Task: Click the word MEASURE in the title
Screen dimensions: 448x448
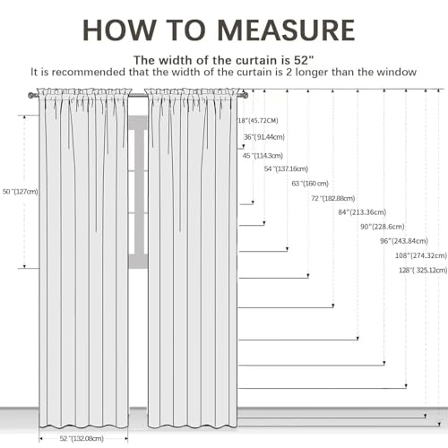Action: [x=287, y=30]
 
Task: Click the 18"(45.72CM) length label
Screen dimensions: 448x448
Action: [x=258, y=121]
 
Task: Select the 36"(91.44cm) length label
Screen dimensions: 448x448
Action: [x=264, y=137]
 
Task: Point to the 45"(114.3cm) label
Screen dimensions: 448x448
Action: [x=263, y=156]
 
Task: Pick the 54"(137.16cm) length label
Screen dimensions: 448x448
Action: [x=286, y=168]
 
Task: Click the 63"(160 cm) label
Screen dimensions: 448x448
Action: [x=310, y=184]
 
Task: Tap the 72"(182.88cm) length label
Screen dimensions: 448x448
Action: [x=333, y=198]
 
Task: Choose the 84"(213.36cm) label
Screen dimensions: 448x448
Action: [x=362, y=212]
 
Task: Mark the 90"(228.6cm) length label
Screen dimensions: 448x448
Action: [x=383, y=227]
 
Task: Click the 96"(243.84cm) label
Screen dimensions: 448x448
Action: [x=404, y=241]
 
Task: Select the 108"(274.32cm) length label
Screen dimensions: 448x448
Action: [x=421, y=255]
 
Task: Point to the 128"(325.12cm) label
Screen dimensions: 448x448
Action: [x=423, y=271]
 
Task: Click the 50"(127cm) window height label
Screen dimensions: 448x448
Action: [x=21, y=192]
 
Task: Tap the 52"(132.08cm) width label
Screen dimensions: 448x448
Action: [x=82, y=438]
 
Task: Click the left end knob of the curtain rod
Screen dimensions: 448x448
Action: [x=30, y=96]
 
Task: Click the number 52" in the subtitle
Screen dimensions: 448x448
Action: [x=304, y=60]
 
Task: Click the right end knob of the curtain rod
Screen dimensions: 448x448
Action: [x=245, y=96]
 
